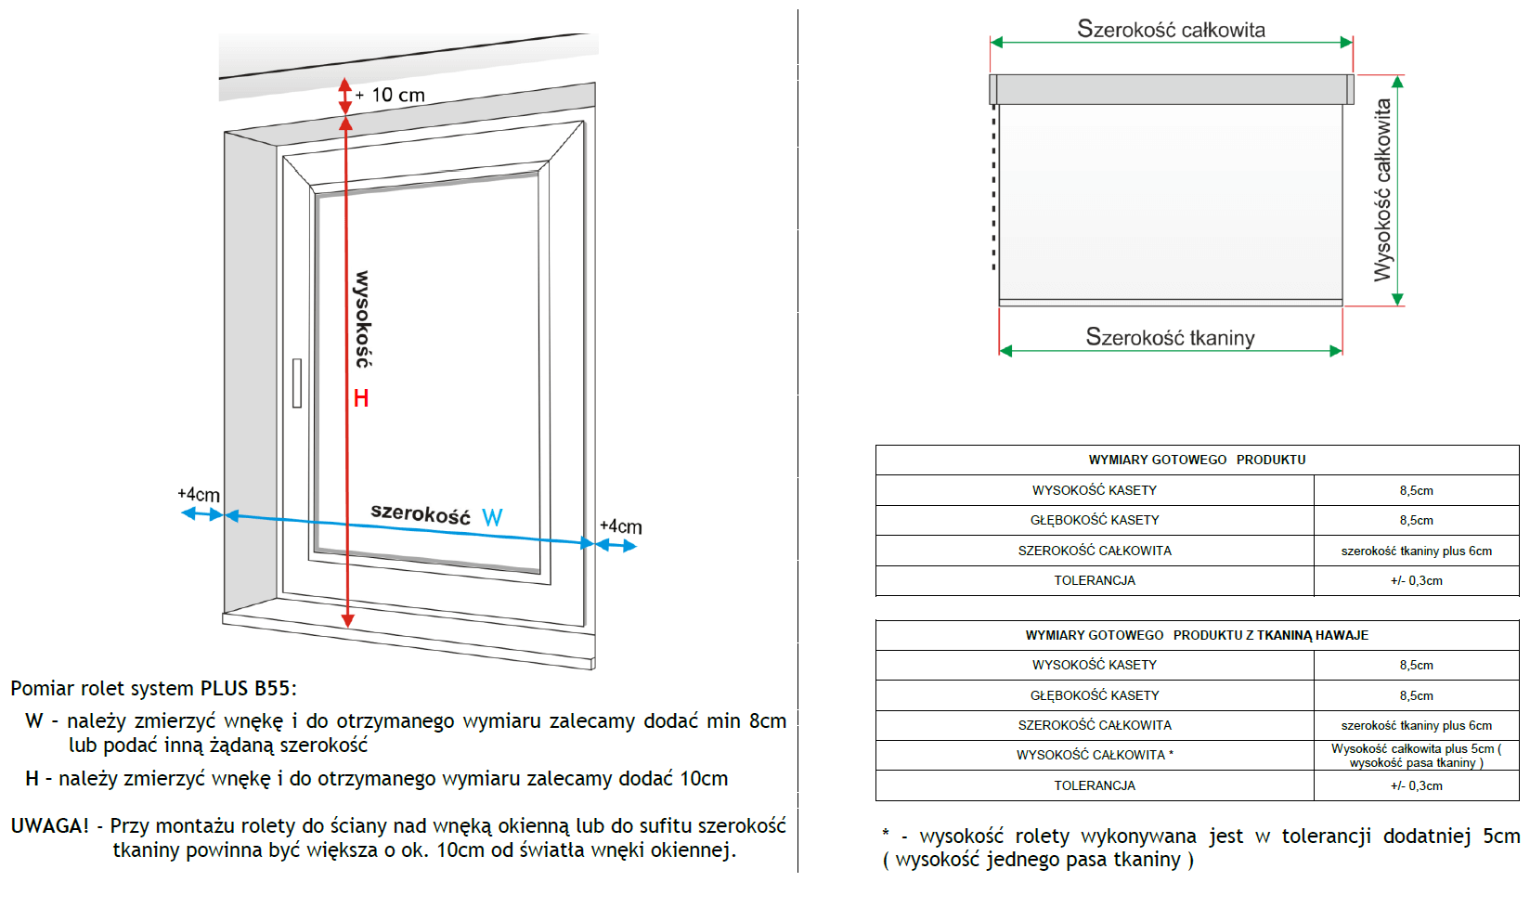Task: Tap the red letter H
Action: [361, 398]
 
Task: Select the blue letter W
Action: [492, 518]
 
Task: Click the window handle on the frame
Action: [297, 383]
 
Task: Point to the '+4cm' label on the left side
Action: [199, 495]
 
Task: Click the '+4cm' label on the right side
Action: [620, 526]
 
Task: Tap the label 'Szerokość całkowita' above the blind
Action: [1171, 30]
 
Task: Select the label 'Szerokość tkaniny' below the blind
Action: [1170, 337]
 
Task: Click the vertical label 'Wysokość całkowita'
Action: [1382, 189]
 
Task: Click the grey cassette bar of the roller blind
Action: [1171, 89]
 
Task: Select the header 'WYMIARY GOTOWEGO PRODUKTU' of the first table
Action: [1197, 460]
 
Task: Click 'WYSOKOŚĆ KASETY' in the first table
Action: [1095, 490]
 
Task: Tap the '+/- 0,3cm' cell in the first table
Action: [1416, 580]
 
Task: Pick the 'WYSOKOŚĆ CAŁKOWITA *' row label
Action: [1095, 755]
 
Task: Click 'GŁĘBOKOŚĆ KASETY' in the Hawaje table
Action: [1095, 695]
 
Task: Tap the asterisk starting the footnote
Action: [886, 834]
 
